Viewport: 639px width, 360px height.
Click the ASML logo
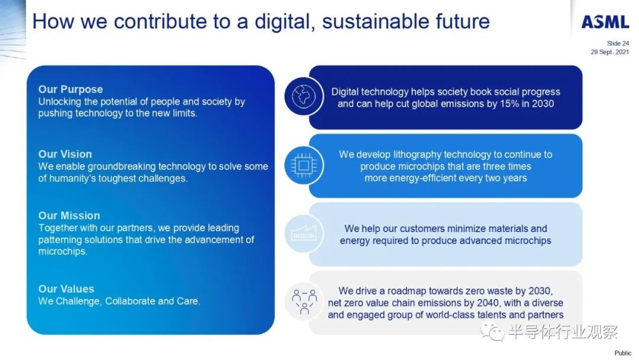[605, 22]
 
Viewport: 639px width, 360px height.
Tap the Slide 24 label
[618, 43]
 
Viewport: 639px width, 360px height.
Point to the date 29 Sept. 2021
[609, 52]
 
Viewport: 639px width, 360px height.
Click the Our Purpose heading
[70, 89]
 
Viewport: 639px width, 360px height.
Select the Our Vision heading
[65, 154]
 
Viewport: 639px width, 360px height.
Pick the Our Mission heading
[69, 216]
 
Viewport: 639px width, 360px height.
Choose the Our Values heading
[66, 289]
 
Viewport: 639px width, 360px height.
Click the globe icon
[304, 97]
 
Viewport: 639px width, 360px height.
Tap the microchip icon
[304, 166]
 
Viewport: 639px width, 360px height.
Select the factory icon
[304, 233]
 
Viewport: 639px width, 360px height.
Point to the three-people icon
[304, 302]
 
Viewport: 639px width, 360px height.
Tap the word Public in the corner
[622, 353]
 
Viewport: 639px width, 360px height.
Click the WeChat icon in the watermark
[492, 331]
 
